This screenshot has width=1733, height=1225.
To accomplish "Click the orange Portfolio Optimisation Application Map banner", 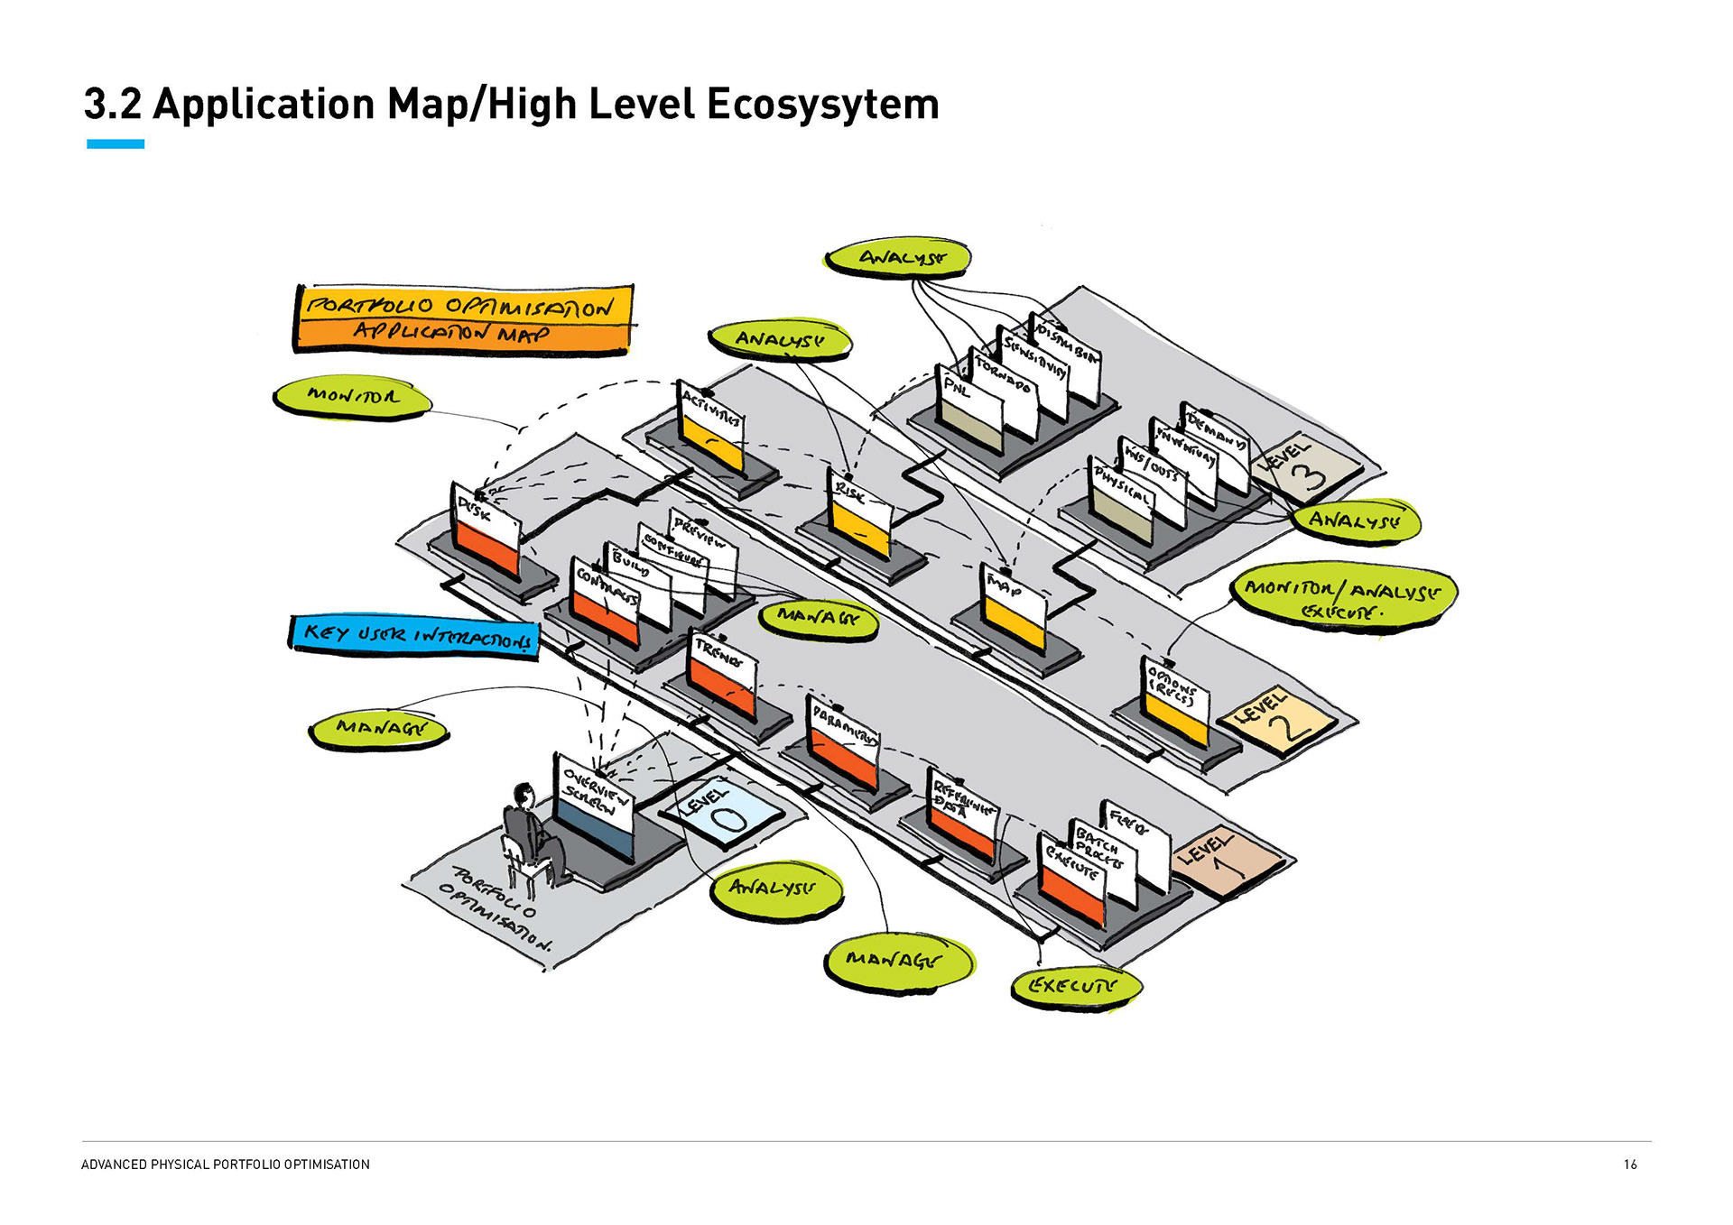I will tap(463, 318).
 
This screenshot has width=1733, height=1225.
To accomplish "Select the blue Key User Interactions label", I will tap(414, 636).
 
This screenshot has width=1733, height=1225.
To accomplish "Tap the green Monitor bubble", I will tap(352, 396).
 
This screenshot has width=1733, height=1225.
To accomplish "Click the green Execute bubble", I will tap(1074, 987).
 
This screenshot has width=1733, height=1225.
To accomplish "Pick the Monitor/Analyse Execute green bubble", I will tap(1344, 597).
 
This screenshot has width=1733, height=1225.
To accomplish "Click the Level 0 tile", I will tap(720, 812).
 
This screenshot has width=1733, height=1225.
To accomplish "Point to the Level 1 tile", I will tap(1225, 860).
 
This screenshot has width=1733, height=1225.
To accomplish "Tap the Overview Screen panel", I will tap(593, 806).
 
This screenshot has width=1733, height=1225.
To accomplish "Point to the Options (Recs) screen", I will tap(1175, 703).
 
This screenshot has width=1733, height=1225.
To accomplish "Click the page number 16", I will tap(1630, 1165).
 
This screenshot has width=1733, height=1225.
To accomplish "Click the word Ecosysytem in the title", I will tap(822, 105).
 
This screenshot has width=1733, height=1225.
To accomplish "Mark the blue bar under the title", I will tap(116, 144).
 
